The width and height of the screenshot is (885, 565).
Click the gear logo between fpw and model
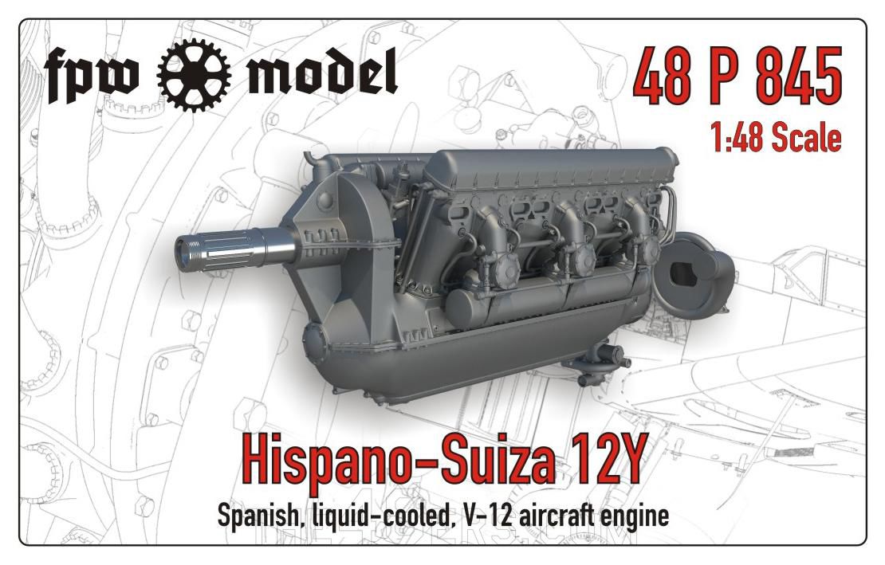coord(194,74)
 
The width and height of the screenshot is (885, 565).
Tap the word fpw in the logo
coord(91,77)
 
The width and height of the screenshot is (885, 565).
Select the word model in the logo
coord(322,70)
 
